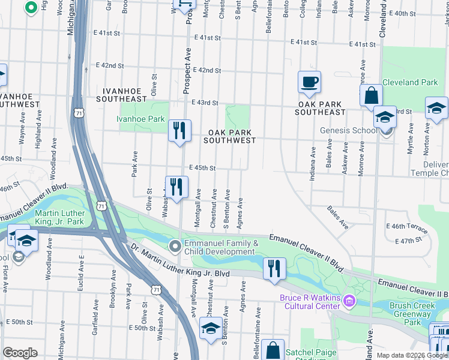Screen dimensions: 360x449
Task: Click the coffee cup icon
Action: pos(309,82)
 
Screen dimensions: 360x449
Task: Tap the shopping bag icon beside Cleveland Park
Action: pos(372,95)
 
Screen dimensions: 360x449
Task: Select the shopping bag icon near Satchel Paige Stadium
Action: pos(273,349)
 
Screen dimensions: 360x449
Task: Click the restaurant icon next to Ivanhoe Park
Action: pos(179,131)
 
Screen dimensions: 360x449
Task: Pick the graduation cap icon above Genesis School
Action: pos(385,116)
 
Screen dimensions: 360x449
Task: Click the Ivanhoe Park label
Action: pos(140,119)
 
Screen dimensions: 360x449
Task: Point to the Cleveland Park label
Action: pos(410,82)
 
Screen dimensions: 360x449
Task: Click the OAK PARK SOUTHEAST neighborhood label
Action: pos(321,108)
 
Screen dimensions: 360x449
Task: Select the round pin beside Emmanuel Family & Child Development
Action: pos(175,247)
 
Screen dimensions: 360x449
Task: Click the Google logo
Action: pos(20,353)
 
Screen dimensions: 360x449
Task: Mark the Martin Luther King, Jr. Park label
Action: pos(59,218)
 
